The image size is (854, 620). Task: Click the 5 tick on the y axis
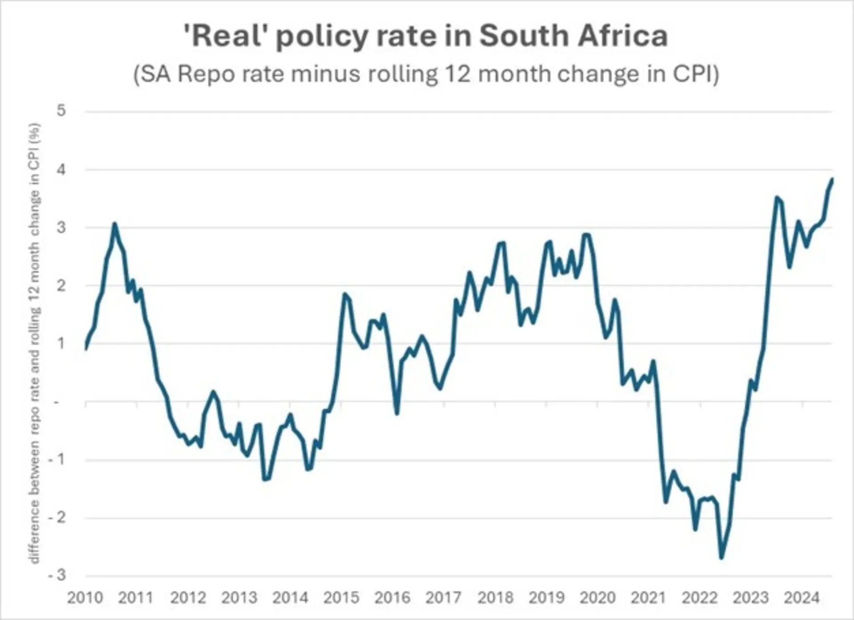click(x=61, y=110)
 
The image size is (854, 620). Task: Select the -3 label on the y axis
click(x=57, y=575)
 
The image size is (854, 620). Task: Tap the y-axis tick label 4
click(x=61, y=170)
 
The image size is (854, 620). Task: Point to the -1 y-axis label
click(x=57, y=459)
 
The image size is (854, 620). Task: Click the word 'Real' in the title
click(x=225, y=36)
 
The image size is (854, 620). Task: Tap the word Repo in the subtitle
click(x=206, y=73)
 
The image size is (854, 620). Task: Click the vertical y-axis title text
click(x=35, y=343)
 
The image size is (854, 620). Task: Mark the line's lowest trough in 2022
click(x=721, y=558)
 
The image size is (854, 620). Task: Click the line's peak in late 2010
click(x=115, y=223)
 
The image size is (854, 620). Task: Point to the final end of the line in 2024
click(x=832, y=179)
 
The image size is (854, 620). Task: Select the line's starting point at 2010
click(x=85, y=349)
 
